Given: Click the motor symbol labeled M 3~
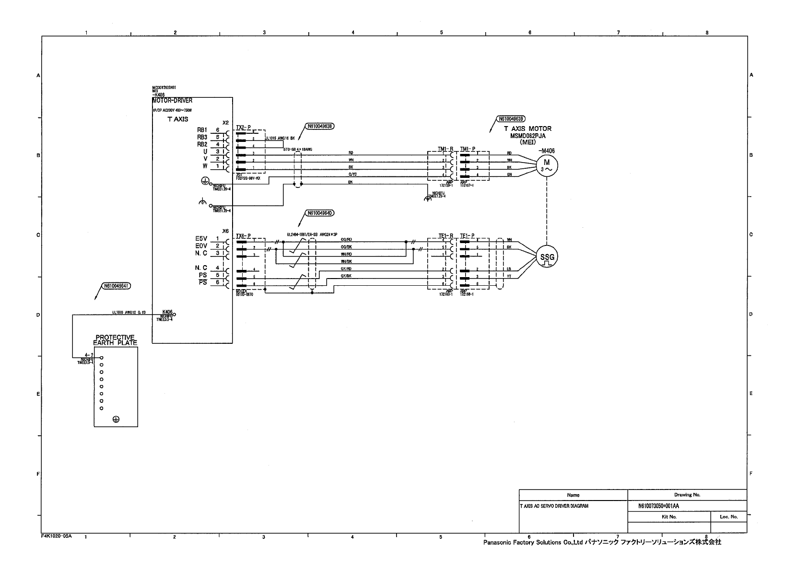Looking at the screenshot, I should [546, 165].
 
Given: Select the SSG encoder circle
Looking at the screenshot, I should [547, 257].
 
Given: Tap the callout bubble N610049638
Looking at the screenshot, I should [319, 127].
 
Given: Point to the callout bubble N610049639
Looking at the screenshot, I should [512, 118].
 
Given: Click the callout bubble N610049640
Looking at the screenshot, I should [319, 213].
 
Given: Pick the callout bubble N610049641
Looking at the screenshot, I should [116, 286].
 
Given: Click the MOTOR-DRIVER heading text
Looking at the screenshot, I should [172, 101].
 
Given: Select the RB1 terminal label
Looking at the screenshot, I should [202, 130].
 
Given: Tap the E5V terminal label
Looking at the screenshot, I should [201, 239].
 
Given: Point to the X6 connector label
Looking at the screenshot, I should [225, 231].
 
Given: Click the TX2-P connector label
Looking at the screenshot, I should [243, 128].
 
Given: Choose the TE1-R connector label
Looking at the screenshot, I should [445, 236].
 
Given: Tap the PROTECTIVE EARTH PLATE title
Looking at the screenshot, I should [115, 340].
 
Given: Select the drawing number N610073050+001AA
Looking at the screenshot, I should [659, 506].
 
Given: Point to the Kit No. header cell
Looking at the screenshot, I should [668, 517].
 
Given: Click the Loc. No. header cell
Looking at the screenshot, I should [728, 517].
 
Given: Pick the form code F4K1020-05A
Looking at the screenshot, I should [57, 536].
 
